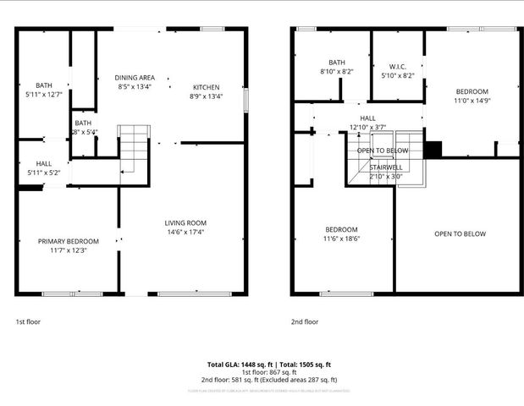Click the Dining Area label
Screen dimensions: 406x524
point(135,78)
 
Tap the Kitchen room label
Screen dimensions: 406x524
point(207,87)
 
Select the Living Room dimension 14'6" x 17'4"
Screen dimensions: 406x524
point(185,232)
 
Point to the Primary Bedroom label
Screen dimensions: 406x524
point(69,241)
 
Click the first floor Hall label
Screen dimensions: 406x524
point(43,163)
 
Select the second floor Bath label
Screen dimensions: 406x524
point(337,62)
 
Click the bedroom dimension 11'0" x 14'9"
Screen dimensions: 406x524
point(472,101)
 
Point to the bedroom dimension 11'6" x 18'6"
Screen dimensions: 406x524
point(342,239)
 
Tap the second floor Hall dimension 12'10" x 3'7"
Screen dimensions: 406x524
point(367,128)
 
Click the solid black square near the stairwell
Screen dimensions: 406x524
point(433,150)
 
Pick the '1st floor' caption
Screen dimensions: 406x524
point(28,321)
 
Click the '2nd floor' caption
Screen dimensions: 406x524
point(305,321)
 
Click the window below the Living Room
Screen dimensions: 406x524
point(185,294)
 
